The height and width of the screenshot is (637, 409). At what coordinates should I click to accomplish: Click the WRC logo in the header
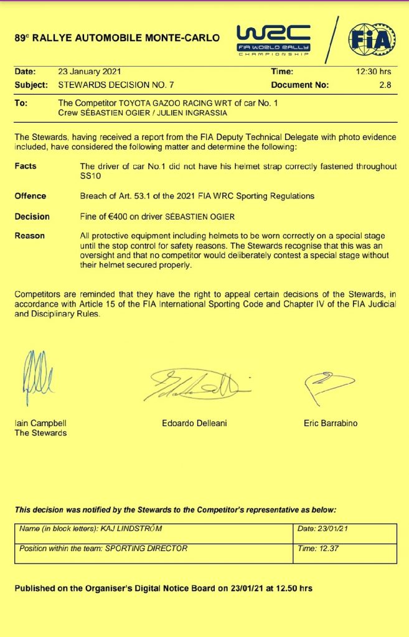point(274,39)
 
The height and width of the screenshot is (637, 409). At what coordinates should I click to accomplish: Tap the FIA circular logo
point(371,39)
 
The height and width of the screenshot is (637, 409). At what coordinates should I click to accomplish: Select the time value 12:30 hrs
point(373,72)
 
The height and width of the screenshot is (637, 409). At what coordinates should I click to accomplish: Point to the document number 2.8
point(385,85)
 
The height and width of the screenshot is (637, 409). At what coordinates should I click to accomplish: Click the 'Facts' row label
point(26,166)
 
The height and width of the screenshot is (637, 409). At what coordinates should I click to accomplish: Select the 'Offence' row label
point(30,196)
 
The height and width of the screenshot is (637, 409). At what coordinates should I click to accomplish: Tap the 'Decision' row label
point(32,216)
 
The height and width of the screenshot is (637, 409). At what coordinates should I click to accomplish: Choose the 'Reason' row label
point(29,236)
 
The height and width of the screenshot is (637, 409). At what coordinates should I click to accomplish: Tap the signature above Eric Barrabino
point(327,386)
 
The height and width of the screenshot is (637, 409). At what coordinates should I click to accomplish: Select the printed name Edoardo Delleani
point(194,423)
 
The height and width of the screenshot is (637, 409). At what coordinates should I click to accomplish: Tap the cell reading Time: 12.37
point(326,549)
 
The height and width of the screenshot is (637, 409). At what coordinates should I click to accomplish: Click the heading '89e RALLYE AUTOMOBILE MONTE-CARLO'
point(117,38)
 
